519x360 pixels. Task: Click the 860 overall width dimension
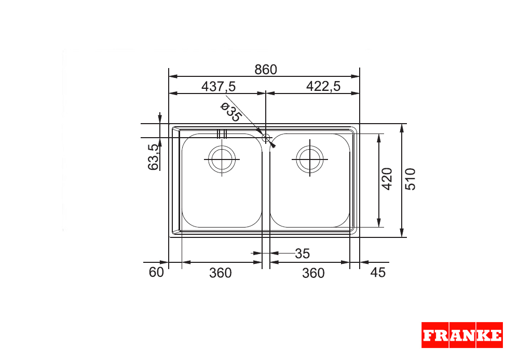[x=265, y=70]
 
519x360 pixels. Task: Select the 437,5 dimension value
[x=218, y=86]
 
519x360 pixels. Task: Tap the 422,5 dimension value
[x=323, y=86]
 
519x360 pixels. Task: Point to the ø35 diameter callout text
[x=231, y=112]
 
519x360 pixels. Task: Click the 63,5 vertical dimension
[x=154, y=157]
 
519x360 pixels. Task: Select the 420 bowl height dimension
[x=387, y=179]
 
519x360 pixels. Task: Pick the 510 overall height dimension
[x=411, y=179]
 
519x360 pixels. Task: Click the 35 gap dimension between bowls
[x=302, y=254]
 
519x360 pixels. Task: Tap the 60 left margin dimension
[x=156, y=272]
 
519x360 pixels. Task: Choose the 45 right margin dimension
[x=378, y=272]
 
